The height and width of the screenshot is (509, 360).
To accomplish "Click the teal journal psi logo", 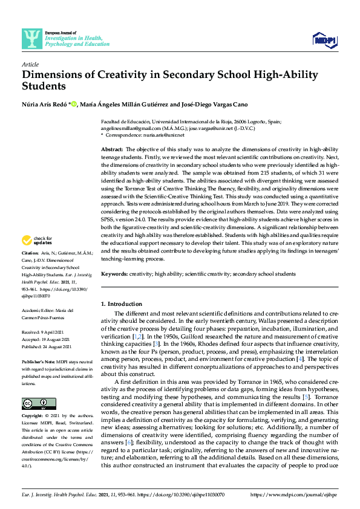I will pos(31,40).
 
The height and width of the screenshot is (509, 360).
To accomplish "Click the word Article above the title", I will pos(30,64).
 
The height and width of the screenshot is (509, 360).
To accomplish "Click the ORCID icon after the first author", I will pos(74,104).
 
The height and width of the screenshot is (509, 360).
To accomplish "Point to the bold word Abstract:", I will pos(111,149).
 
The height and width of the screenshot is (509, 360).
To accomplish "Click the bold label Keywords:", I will pos(115,274).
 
